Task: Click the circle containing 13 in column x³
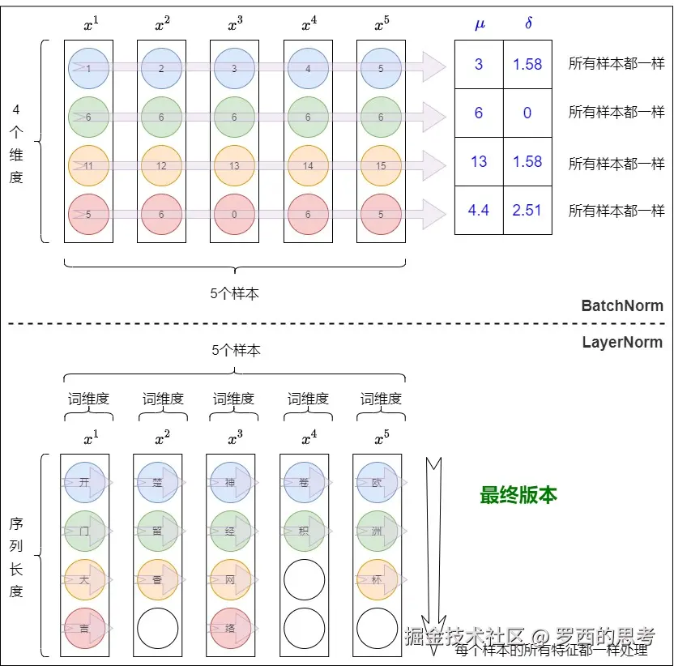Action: (x=234, y=166)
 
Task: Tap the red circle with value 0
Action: (x=234, y=215)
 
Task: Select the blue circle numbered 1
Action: (x=88, y=69)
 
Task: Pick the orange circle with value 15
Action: (x=380, y=166)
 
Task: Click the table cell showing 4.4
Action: (x=479, y=211)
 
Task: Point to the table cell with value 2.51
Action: (x=527, y=211)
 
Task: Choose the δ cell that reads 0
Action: (x=527, y=113)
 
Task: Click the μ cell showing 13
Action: (x=479, y=162)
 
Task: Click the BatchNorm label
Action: (x=622, y=306)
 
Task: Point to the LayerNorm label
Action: (x=622, y=342)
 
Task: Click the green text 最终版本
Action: (x=518, y=495)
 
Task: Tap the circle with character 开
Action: (x=85, y=482)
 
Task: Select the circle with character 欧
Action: (x=377, y=482)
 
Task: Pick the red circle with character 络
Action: (x=231, y=628)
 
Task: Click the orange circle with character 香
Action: (x=158, y=579)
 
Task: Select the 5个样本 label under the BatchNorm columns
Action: (x=234, y=294)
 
